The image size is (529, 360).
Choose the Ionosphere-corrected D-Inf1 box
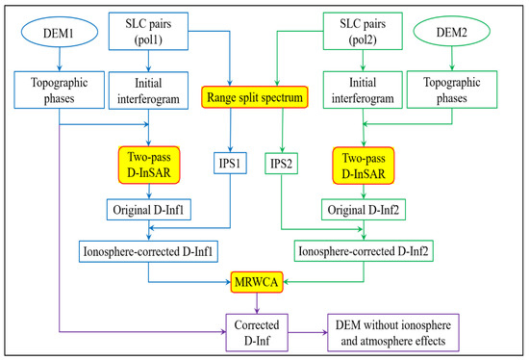pos(146,251)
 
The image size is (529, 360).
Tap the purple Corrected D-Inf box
pos(256,330)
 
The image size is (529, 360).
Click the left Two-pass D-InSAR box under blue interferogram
pos(150,162)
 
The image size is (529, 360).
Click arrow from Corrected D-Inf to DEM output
pos(307,330)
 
